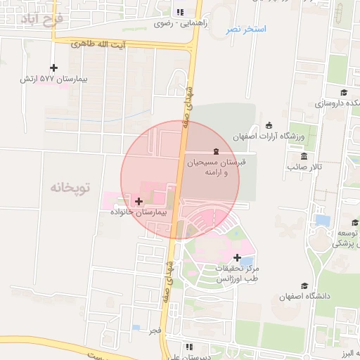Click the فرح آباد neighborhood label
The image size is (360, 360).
click(x=43, y=18)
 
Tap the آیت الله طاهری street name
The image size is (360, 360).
click(x=100, y=44)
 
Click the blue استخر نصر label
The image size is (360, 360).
click(x=246, y=30)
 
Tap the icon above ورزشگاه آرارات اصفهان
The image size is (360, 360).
click(x=269, y=126)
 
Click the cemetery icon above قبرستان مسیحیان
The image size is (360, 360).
click(x=216, y=152)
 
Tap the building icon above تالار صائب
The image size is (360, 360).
click(x=304, y=156)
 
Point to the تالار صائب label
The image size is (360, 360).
click(x=304, y=167)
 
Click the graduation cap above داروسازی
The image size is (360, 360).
click(x=344, y=92)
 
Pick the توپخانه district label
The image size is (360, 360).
click(x=71, y=188)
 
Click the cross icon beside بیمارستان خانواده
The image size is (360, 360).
click(x=139, y=201)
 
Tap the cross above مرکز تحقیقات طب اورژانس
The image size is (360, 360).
click(x=237, y=257)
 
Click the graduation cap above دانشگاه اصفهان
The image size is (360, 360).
click(x=304, y=285)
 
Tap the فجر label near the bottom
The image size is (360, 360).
click(x=155, y=329)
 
